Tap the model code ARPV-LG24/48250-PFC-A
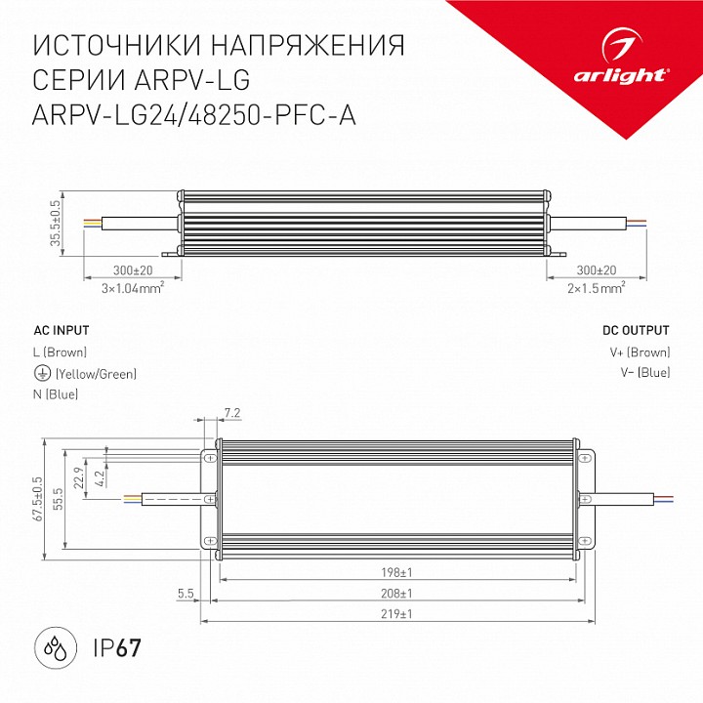[194, 115]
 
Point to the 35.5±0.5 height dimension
[57, 224]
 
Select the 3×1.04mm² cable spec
[133, 288]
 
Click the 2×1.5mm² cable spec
[596, 288]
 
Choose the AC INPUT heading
[61, 330]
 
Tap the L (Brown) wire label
[61, 352]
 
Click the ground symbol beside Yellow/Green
[41, 374]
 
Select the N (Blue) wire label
[56, 394]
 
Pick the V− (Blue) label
[644, 373]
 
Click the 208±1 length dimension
[397, 593]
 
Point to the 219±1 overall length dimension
[397, 614]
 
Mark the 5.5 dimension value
[185, 593]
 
